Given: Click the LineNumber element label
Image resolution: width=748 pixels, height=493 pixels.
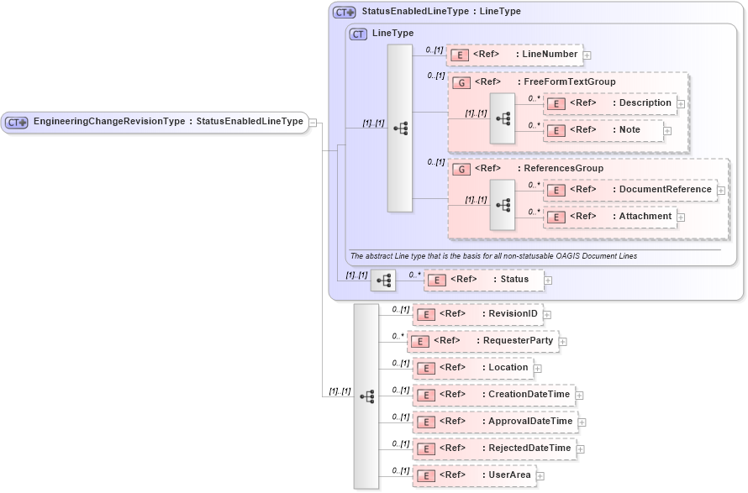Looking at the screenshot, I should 550,55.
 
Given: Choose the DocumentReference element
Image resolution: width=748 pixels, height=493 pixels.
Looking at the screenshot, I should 630,190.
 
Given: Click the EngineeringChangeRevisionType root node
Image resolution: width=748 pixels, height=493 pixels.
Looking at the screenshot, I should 155,122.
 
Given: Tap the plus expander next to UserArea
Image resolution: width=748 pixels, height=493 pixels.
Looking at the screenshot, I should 540,476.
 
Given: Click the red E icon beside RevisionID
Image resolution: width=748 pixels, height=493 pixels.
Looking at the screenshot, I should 426,314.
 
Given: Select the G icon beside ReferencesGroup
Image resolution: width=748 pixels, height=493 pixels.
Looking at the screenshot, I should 461,169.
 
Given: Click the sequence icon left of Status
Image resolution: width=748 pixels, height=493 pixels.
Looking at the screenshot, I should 382,280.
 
